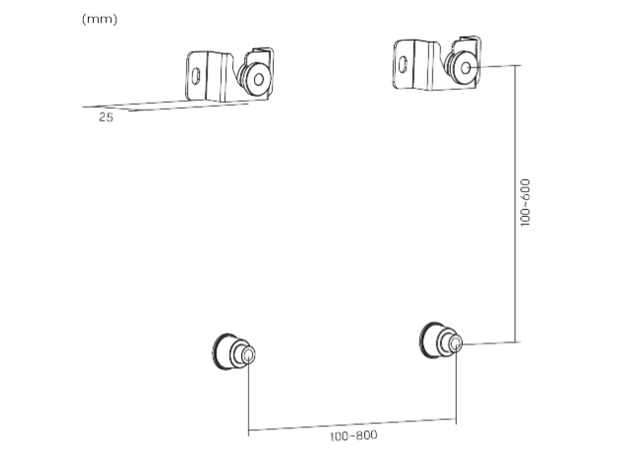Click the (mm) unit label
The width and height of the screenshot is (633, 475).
(99, 19)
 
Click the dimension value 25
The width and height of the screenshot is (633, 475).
(106, 118)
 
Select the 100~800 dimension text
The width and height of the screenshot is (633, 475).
(354, 435)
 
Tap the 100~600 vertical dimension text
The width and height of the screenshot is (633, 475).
(525, 202)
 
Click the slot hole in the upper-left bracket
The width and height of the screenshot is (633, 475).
(196, 75)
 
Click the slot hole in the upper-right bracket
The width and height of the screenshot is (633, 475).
(403, 63)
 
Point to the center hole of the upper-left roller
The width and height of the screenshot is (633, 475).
(259, 79)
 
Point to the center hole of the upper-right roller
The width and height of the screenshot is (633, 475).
(466, 67)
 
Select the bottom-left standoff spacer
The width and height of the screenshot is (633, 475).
(233, 351)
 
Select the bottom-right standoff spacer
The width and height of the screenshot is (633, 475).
(441, 340)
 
